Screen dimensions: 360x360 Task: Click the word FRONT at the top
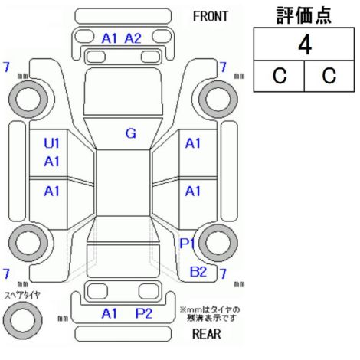(x=210, y=17)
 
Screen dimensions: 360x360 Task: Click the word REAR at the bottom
(x=207, y=334)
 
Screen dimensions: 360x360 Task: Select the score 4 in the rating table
(x=305, y=45)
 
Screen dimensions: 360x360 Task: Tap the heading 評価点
(x=304, y=15)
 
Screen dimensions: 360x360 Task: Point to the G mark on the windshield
(x=131, y=133)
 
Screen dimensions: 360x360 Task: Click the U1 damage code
(x=51, y=143)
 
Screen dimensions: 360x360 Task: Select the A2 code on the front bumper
(x=133, y=38)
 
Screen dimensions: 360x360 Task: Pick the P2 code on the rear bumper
(x=143, y=313)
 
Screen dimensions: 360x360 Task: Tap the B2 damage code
(x=198, y=271)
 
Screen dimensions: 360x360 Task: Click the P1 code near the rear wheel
(x=188, y=244)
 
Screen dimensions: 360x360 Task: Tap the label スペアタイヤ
(x=22, y=296)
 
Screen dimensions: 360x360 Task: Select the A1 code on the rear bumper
(x=109, y=313)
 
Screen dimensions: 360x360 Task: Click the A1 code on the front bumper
(x=109, y=38)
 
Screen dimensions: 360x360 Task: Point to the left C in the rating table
(x=280, y=76)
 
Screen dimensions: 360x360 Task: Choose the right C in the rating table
(x=329, y=76)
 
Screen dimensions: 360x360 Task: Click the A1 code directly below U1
(x=51, y=162)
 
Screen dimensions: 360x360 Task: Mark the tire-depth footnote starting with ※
(x=210, y=314)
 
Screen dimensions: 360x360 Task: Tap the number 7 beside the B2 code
(x=223, y=273)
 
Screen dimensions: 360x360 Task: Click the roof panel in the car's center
(x=123, y=183)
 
